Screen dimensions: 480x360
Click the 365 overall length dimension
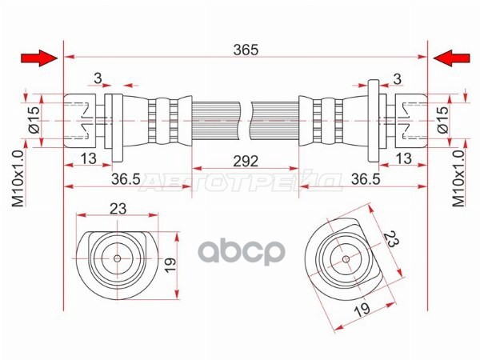(246, 50)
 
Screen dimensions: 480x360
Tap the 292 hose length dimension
(246, 162)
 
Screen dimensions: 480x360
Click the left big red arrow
(39, 58)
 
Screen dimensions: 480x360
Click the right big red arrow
(451, 58)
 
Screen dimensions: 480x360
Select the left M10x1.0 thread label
(18, 178)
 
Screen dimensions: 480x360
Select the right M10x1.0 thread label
(458, 178)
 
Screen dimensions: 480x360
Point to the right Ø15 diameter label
(442, 119)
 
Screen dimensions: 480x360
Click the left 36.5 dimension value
(126, 179)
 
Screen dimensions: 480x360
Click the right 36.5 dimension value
(366, 179)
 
